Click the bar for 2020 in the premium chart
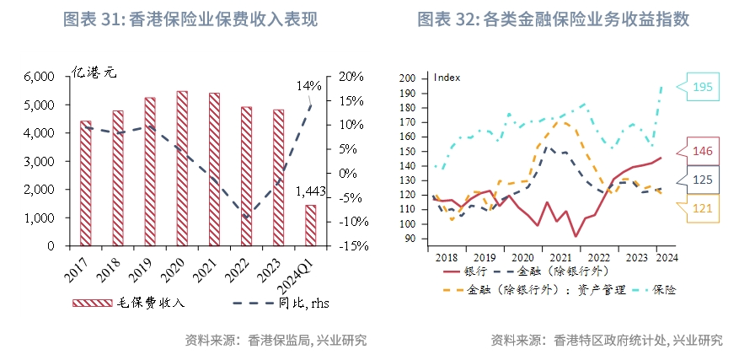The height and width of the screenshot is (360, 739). tap(182, 169)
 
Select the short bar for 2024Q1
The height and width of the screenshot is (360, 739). tap(310, 225)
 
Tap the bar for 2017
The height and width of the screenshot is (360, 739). tap(86, 183)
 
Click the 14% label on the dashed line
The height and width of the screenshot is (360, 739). tap(309, 85)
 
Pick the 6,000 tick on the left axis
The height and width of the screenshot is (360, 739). tap(38, 77)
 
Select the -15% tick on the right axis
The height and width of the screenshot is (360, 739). tap(350, 246)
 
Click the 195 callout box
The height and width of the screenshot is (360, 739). tap(703, 87)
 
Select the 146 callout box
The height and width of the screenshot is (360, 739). tap(704, 152)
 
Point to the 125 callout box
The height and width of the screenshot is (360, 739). tap(704, 180)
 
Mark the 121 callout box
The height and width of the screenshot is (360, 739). tap(704, 207)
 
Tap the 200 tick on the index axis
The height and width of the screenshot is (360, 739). tap(409, 78)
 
